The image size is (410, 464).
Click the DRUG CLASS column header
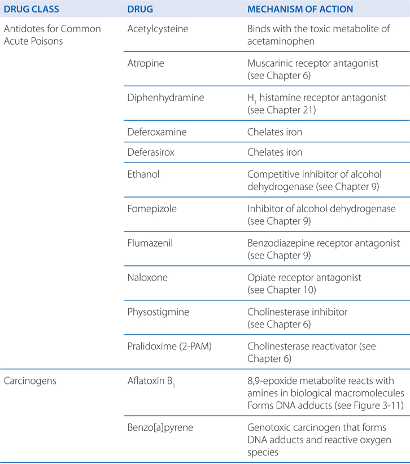point(34,9)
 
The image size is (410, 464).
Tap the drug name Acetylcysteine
point(156,29)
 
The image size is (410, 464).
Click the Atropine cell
point(146,63)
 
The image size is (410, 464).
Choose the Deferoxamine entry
point(157,132)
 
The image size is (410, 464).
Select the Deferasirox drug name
point(154,152)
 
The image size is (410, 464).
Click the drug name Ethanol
point(143,174)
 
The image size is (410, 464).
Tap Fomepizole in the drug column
point(152,208)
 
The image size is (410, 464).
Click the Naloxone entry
point(148,277)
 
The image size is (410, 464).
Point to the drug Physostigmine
point(158,312)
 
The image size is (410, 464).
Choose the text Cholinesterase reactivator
point(307,346)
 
